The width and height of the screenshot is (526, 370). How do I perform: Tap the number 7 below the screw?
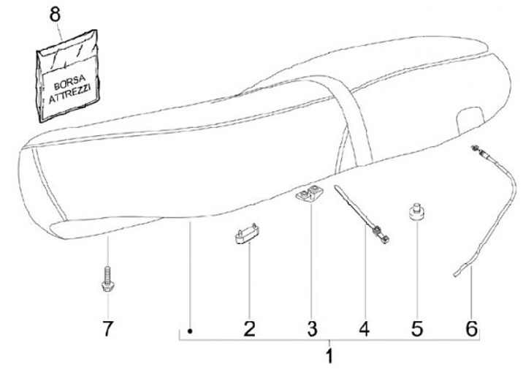tap(107, 328)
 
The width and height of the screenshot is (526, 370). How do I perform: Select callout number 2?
tap(249, 328)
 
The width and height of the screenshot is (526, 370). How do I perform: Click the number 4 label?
tap(364, 328)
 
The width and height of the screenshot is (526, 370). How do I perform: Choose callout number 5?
tap(416, 328)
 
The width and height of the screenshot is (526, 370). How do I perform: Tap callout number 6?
tap(472, 328)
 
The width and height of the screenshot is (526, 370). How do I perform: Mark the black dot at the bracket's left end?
tap(189, 331)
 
